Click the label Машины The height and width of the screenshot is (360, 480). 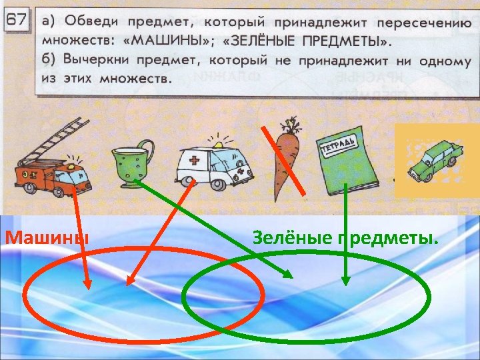click(46, 237)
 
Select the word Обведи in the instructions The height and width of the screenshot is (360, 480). click(87, 20)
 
